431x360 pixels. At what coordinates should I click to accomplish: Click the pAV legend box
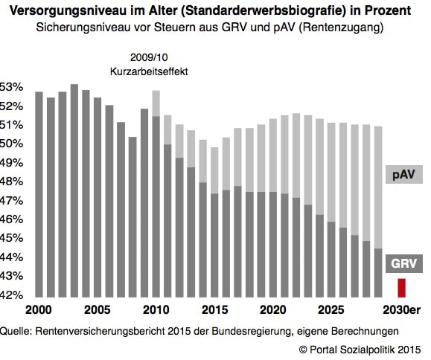tap(403, 174)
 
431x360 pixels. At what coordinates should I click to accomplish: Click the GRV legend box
tap(403, 263)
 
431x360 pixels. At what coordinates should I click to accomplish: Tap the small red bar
tap(401, 288)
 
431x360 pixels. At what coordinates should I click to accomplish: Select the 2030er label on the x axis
tap(401, 309)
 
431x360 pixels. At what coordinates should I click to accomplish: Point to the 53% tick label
tap(11, 87)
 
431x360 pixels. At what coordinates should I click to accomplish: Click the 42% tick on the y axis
tap(11, 295)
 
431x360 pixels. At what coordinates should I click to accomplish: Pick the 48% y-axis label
tap(11, 181)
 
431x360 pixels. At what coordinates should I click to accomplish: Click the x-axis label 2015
tap(214, 309)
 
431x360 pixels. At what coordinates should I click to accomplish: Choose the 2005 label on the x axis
tap(97, 309)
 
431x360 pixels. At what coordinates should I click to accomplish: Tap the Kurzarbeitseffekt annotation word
tap(149, 71)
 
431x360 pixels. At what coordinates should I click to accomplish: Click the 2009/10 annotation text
tap(149, 57)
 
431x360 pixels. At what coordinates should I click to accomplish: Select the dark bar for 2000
tap(39, 194)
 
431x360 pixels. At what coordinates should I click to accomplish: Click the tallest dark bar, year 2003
tap(74, 190)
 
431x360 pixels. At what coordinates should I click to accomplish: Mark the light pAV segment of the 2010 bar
tap(156, 103)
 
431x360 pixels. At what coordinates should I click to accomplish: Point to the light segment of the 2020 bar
tap(273, 155)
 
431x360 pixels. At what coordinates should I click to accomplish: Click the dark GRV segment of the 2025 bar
tap(331, 260)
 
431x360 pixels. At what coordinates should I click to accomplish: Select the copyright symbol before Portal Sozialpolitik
tap(303, 350)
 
